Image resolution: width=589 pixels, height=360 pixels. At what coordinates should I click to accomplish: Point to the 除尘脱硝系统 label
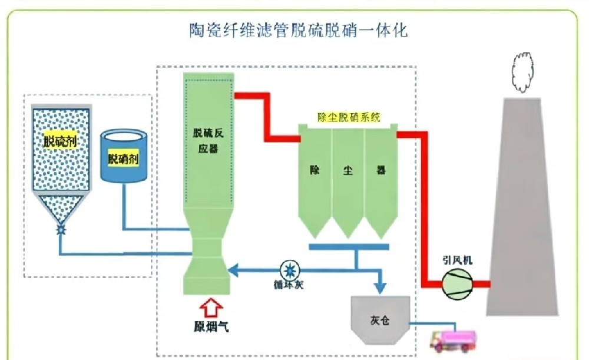[349, 117]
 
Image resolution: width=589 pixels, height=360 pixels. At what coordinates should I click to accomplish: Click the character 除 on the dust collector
[315, 171]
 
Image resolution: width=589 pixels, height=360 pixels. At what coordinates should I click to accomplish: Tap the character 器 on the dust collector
[380, 171]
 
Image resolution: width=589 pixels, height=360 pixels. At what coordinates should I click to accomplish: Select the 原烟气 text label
[210, 327]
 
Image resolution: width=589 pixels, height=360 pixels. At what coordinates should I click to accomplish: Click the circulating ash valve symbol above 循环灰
[289, 270]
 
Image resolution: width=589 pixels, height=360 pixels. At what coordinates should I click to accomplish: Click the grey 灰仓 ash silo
[379, 319]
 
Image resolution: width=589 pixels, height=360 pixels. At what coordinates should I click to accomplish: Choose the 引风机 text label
[457, 259]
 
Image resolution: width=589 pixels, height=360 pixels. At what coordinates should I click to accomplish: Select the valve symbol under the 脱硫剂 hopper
[61, 230]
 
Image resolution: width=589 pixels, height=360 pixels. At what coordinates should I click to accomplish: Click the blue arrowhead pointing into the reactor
[233, 270]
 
